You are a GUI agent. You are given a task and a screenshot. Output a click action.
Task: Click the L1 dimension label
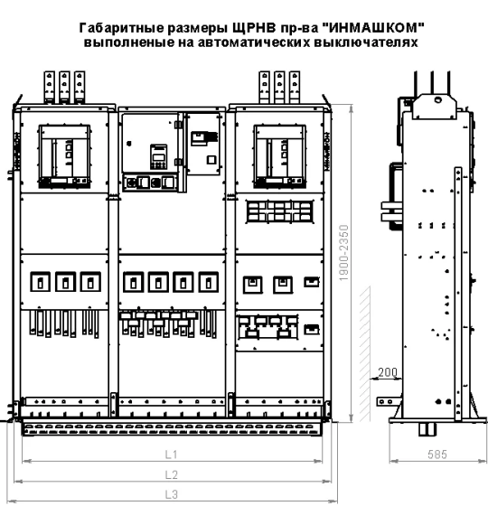click(172, 454)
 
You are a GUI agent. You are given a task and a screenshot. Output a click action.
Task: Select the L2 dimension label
click(172, 474)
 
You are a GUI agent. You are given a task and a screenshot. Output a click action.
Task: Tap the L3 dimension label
click(172, 494)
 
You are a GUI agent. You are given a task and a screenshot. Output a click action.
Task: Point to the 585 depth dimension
click(437, 454)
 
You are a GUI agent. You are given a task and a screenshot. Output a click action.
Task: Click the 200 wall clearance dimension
click(388, 372)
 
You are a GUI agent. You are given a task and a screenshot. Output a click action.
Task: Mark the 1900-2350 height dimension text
click(344, 253)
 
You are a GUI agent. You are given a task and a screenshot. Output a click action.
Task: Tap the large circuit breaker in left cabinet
click(64, 156)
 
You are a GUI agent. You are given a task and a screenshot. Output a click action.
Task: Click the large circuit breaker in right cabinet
click(280, 156)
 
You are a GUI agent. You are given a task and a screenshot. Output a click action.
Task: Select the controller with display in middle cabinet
click(158, 157)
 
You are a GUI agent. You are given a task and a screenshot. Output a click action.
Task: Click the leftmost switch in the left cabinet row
click(41, 282)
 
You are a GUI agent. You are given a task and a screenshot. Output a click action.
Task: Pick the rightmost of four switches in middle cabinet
click(209, 282)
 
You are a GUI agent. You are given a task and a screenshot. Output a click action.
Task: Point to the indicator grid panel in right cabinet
click(279, 211)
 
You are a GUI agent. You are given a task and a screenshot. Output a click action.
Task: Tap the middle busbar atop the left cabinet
click(64, 87)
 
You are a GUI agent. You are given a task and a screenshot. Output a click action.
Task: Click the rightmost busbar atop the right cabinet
click(295, 87)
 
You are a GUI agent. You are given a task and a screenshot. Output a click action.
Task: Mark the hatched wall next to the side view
click(365, 353)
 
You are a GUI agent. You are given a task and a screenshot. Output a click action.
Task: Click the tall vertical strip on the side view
click(457, 294)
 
